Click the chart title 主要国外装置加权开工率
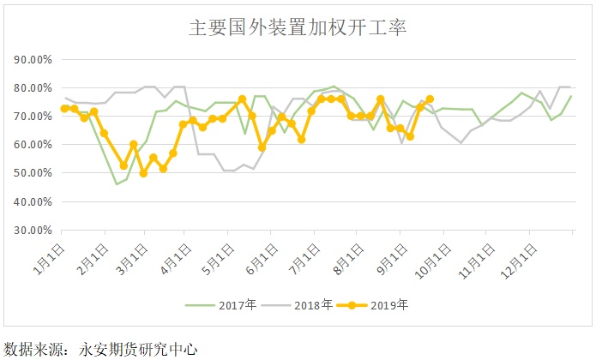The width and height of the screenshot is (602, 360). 297,27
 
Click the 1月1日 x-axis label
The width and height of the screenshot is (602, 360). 48,255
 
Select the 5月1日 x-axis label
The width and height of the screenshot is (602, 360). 214,255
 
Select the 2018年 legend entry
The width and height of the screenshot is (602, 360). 305,304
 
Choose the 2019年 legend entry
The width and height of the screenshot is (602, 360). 378,304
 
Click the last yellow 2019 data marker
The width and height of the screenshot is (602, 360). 430,99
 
